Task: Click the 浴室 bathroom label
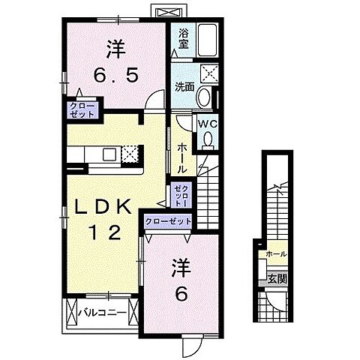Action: tap(183, 39)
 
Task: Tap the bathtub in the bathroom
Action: tap(207, 40)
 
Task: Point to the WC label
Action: tap(208, 124)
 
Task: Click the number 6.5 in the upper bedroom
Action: tap(115, 75)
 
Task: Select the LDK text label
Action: tap(103, 206)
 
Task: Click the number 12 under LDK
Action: tap(105, 232)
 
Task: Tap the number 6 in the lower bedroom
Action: tap(181, 294)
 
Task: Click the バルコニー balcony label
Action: tap(103, 313)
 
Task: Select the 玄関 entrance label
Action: tap(277, 279)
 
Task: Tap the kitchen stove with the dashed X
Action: tap(130, 153)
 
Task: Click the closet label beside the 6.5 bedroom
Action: tap(82, 110)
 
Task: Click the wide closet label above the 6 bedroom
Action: tap(168, 221)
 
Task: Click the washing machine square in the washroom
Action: tap(209, 73)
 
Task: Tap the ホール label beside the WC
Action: tap(182, 159)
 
